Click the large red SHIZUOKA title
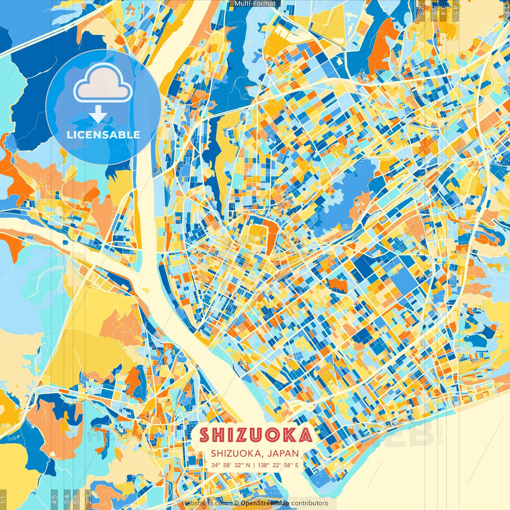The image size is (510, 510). click(x=255, y=435)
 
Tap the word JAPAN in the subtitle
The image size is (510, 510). click(x=283, y=453)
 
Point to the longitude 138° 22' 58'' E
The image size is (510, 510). click(x=278, y=465)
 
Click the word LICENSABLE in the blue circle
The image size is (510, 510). click(x=103, y=135)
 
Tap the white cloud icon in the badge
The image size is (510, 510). click(x=103, y=83)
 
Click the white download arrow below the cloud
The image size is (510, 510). click(x=98, y=114)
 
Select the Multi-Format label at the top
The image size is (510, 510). click(x=255, y=4)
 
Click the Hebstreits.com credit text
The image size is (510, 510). click(x=205, y=503)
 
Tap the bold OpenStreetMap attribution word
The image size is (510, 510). click(x=265, y=503)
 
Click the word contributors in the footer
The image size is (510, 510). click(x=310, y=503)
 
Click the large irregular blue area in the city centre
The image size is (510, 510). click(x=343, y=195)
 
